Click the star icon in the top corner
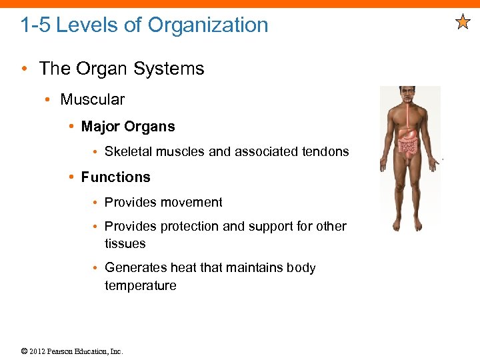[463, 23]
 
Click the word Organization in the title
[208, 25]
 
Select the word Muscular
[92, 100]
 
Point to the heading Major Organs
[128, 127]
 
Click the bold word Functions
[115, 177]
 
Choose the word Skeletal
[129, 152]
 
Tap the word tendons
[325, 152]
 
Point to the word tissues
[125, 244]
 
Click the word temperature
[140, 286]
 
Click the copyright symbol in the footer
[24, 351]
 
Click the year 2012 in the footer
[37, 351]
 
